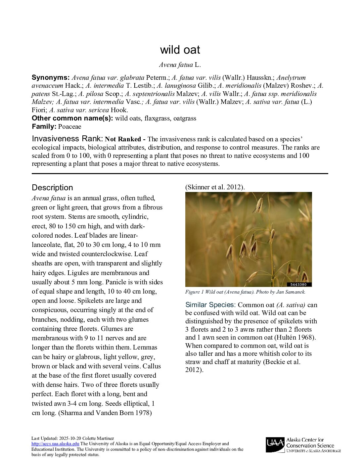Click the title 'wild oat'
click(x=180, y=50)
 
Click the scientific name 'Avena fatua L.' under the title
click(x=180, y=65)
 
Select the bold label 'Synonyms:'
click(x=51, y=78)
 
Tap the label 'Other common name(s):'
click(x=72, y=118)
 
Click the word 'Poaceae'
click(x=69, y=126)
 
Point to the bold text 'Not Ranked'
click(x=123, y=139)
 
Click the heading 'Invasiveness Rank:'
click(x=67, y=139)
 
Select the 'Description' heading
click(x=52, y=188)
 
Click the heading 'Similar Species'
click(x=210, y=305)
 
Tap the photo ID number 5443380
click(x=298, y=285)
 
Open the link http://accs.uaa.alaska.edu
click(x=55, y=444)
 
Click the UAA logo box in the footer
click(x=275, y=445)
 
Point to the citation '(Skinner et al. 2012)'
click(x=215, y=187)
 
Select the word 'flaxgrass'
click(x=157, y=118)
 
